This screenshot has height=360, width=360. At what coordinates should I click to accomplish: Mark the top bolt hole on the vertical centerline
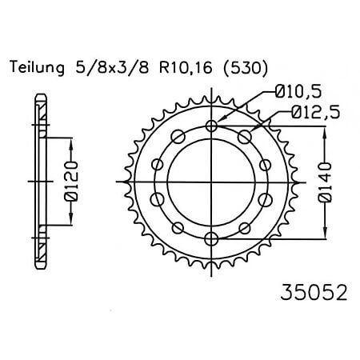(211, 126)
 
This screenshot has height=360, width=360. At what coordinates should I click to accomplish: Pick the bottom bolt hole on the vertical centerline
(211, 238)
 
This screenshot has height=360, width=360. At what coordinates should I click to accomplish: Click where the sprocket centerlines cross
(211, 182)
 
